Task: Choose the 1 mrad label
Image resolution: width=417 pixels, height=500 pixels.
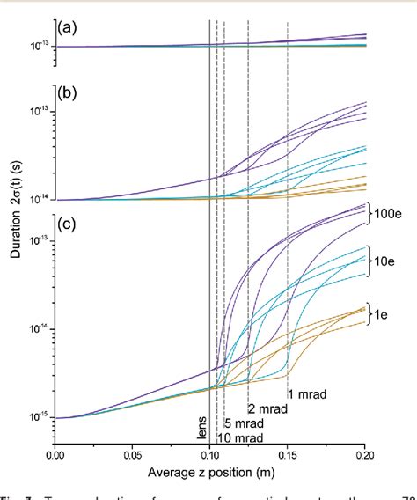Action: coord(307,394)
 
